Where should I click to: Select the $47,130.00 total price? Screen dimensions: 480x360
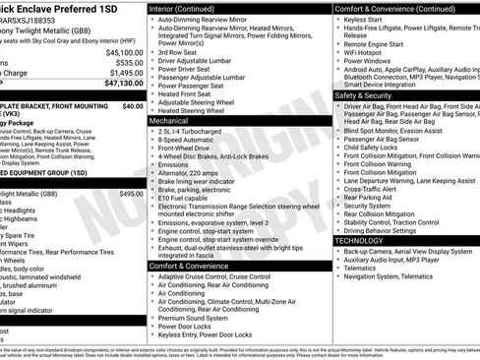[x=124, y=84]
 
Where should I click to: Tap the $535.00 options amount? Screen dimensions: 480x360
[x=128, y=62]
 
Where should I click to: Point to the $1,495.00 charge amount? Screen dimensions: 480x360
[x=126, y=73]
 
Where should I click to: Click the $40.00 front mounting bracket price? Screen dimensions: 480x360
[x=133, y=105]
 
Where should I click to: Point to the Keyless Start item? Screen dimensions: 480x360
[x=366, y=19]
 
